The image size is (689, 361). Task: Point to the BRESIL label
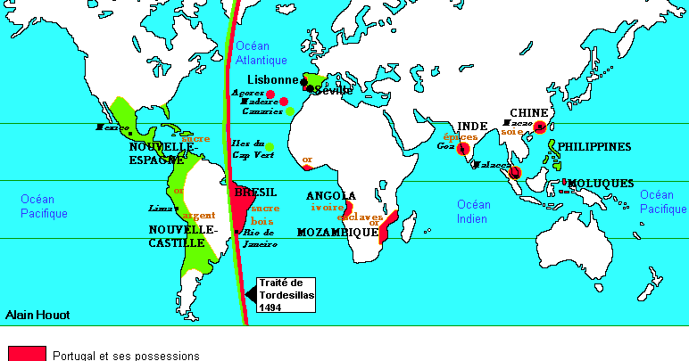[255, 193]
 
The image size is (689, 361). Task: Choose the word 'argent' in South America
[199, 216]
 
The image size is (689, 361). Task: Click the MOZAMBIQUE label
[338, 232]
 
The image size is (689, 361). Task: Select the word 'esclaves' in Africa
[360, 217]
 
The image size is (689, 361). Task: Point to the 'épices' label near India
[461, 138]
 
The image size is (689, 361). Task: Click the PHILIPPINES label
[594, 146]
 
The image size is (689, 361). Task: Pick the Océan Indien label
[474, 211]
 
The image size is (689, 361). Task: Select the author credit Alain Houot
[37, 315]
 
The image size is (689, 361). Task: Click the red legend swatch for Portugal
[27, 354]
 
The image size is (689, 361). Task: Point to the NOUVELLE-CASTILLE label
[182, 234]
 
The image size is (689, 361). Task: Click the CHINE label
[527, 112]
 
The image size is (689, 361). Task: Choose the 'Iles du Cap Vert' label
[247, 148]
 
